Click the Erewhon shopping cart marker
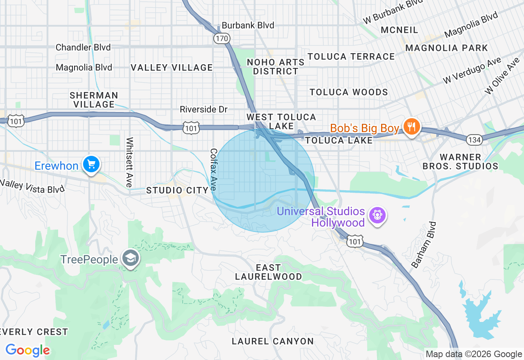91,165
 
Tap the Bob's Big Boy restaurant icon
410,127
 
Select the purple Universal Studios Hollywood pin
376,215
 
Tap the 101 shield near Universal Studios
355,242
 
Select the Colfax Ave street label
214,169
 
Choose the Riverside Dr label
203,110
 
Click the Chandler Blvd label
83,47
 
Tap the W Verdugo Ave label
472,71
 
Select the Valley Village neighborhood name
172,68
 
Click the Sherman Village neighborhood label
94,100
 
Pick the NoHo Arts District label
276,67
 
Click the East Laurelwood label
268,272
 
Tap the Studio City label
177,190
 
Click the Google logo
27,350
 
